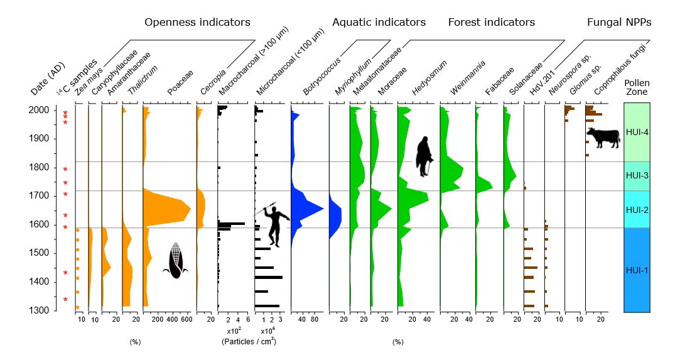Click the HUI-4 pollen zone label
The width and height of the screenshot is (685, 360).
(x=637, y=132)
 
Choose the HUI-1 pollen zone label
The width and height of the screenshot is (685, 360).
(x=637, y=270)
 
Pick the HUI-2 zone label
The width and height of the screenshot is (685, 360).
(x=637, y=209)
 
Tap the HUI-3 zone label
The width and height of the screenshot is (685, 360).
(x=637, y=176)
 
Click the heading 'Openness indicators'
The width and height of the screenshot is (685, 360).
(x=197, y=23)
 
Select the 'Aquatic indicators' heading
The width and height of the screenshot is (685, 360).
(x=379, y=23)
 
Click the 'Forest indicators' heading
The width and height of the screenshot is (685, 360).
(x=491, y=23)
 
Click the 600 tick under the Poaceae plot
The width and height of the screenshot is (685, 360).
(x=186, y=320)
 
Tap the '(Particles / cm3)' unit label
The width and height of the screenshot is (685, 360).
(x=248, y=341)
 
